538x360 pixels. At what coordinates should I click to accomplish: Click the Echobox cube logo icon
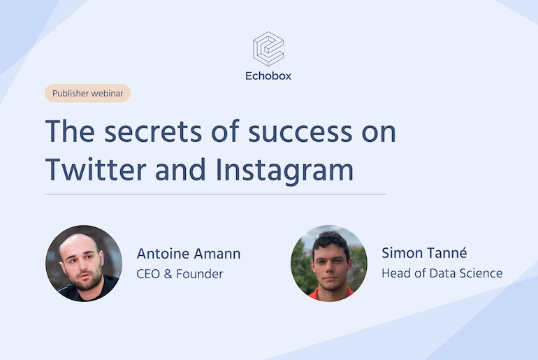pos(268,49)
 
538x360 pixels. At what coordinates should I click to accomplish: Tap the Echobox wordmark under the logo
pos(268,76)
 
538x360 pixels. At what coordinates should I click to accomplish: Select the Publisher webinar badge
pos(88,93)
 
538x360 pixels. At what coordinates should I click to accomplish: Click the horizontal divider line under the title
pos(215,194)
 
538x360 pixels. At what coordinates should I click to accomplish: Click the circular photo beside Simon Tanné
pos(329,263)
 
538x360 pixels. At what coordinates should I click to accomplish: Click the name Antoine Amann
pos(189,253)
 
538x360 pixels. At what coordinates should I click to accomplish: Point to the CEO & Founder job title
pos(180,273)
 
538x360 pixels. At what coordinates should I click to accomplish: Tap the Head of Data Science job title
pos(442,273)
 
